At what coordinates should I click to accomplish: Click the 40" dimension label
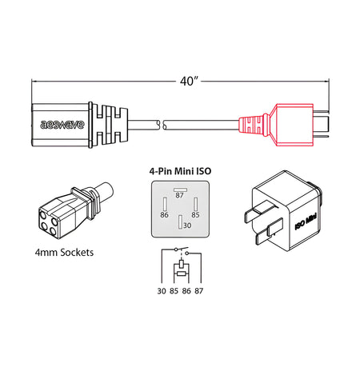coord(181,80)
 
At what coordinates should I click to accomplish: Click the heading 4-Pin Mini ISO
coord(180,170)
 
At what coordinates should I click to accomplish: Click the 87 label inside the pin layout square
coord(180,195)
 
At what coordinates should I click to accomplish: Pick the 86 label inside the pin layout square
coord(163,215)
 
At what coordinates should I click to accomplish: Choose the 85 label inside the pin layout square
coord(195,215)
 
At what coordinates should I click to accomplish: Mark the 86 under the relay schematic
coord(186,289)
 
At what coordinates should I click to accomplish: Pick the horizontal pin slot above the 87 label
coord(180,189)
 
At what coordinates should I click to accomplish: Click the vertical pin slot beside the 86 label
coord(164,205)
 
